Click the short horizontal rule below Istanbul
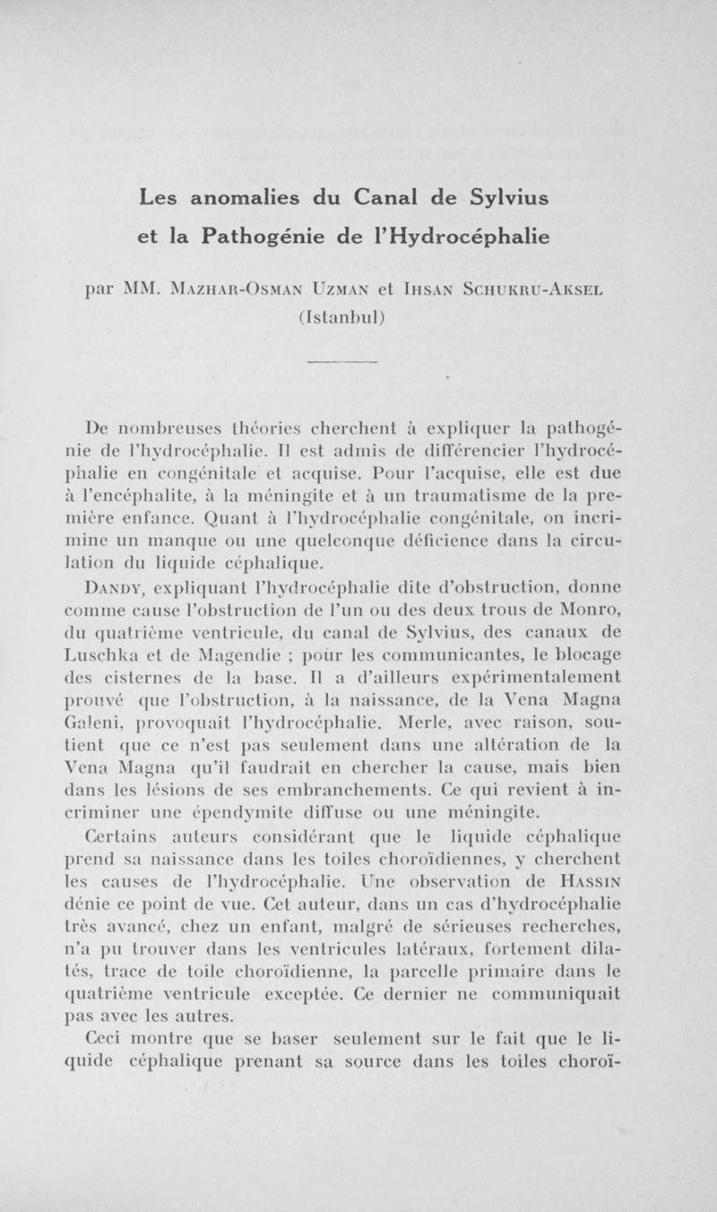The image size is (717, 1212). (358, 360)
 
